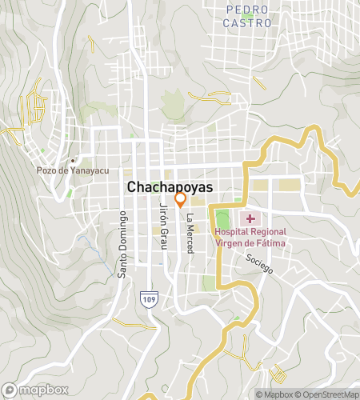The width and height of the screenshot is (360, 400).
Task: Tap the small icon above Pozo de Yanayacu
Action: (73, 159)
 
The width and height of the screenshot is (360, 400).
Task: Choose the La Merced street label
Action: (190, 234)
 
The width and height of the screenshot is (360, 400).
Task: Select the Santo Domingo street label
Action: (123, 244)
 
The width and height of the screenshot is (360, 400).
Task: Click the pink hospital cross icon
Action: (250, 218)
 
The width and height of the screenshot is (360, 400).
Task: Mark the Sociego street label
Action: (260, 263)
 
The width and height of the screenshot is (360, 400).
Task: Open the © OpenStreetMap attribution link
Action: (328, 394)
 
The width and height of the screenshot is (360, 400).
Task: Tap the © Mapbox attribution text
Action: (275, 394)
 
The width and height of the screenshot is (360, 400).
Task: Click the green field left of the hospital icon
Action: (222, 221)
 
